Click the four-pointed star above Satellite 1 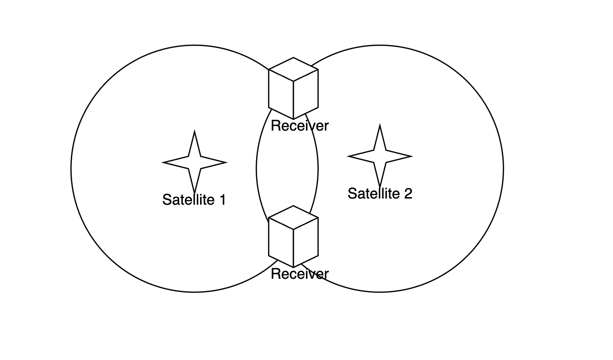coord(194,162)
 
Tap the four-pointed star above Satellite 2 coord(380,156)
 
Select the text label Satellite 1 coord(194,200)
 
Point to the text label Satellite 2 coord(380,194)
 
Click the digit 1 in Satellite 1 coord(222,200)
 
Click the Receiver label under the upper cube coord(299,126)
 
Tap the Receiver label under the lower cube coord(299,274)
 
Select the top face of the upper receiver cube coord(293,69)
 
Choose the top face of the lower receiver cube coord(293,218)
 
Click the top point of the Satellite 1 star coord(194,134)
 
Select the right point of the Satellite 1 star coord(223,162)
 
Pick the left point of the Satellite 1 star coord(165,162)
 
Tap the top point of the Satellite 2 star coord(380,127)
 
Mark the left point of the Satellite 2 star coord(351,156)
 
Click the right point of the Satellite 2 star coord(409,156)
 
